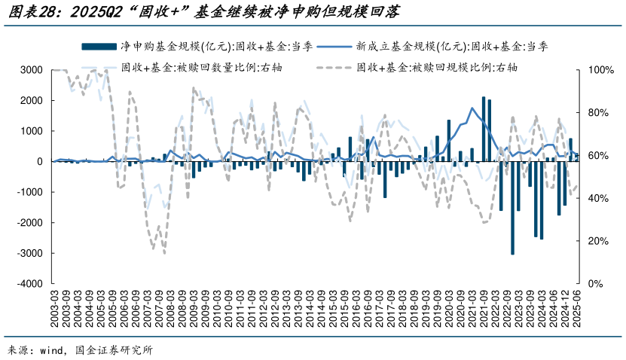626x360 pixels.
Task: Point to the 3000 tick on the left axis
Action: pyautogui.click(x=31, y=70)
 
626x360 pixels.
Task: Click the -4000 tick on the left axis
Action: pyautogui.click(x=29, y=284)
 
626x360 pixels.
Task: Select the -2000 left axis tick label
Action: pyautogui.click(x=29, y=223)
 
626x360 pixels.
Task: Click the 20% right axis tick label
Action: pyautogui.click(x=592, y=241)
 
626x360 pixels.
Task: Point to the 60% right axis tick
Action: pyautogui.click(x=592, y=156)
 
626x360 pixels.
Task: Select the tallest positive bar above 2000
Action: pyautogui.click(x=484, y=129)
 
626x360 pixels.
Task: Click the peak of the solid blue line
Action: pyautogui.click(x=472, y=108)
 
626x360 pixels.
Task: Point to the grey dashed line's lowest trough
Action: pyautogui.click(x=164, y=252)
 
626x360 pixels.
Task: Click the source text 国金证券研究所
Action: pyautogui.click(x=113, y=350)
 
